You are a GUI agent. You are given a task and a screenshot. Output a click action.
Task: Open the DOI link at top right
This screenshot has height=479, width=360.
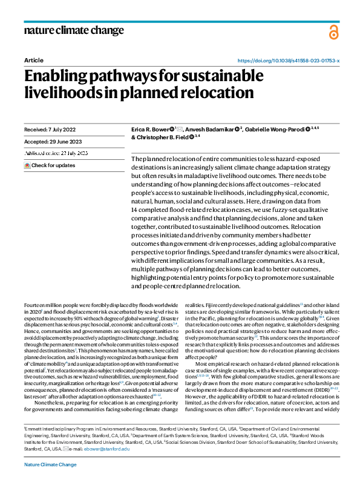click(x=288, y=61)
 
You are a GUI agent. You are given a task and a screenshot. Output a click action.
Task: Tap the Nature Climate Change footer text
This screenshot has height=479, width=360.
click(x=50, y=465)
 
